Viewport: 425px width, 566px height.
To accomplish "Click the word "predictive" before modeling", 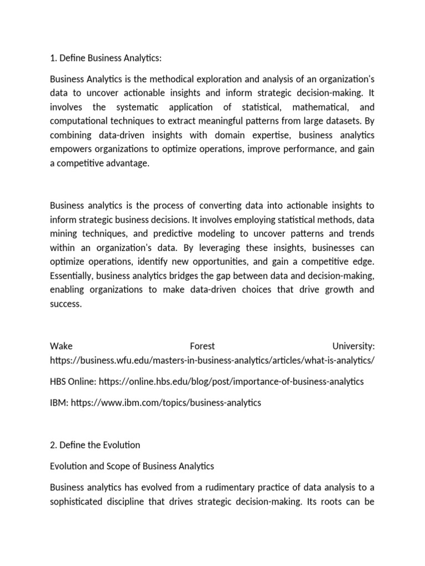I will pos(192,234).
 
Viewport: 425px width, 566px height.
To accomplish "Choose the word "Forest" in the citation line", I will pos(202,346).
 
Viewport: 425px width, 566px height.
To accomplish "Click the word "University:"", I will pos(353,346).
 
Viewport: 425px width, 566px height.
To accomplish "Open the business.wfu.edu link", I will pos(212,360).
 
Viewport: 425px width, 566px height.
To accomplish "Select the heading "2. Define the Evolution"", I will pos(95,445).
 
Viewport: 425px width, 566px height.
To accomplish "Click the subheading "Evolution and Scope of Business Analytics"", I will pos(132,466).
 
